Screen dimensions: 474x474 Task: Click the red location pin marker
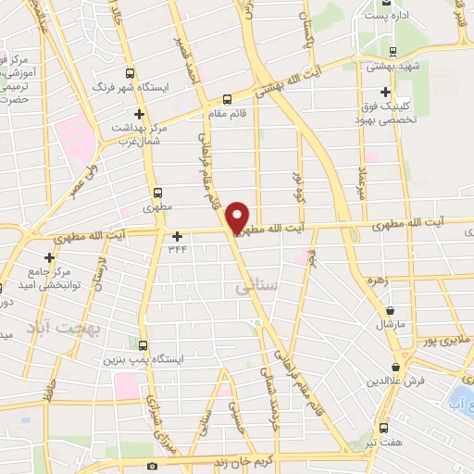(x=238, y=218)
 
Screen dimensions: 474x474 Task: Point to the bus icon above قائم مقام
(x=228, y=100)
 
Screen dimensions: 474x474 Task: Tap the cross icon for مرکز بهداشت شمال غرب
(x=138, y=114)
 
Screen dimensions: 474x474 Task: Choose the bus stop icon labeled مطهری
(x=156, y=193)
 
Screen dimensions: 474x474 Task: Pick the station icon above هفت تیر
(x=384, y=429)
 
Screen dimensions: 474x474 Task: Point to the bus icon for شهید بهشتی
(x=393, y=53)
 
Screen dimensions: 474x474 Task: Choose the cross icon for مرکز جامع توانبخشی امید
(x=49, y=257)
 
